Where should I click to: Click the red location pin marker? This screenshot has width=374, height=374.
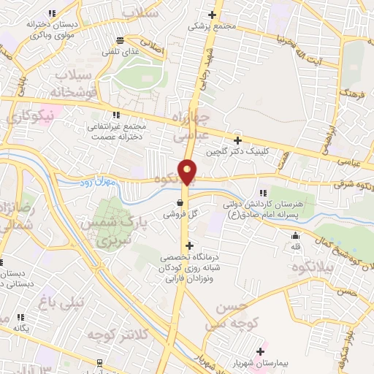(x=188, y=171)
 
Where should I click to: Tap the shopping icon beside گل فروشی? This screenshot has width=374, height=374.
(x=180, y=204)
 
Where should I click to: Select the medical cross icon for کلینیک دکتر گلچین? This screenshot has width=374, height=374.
(x=237, y=140)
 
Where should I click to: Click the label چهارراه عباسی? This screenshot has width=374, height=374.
(x=192, y=126)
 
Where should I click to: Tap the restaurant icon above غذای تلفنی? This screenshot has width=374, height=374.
(x=121, y=40)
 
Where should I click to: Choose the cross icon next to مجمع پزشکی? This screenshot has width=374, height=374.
(x=213, y=15)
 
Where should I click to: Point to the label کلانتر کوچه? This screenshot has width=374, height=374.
(x=118, y=333)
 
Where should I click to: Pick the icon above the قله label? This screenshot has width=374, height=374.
(x=295, y=236)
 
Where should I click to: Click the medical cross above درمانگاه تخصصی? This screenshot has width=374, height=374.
(x=190, y=245)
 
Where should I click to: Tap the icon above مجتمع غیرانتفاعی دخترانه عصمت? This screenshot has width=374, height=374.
(x=116, y=115)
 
